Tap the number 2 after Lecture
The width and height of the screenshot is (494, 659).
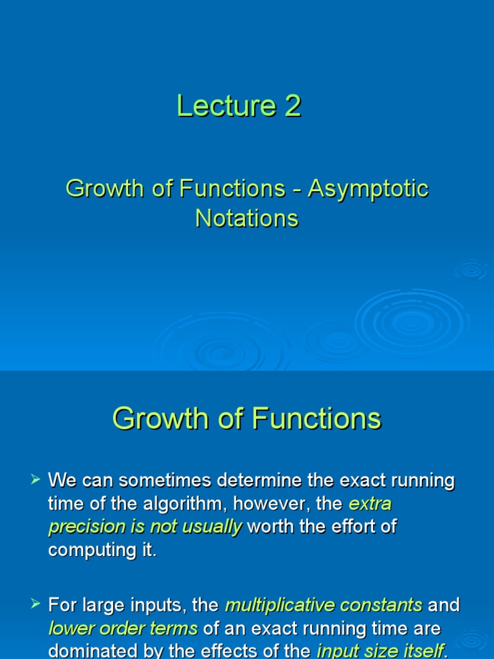point(293,106)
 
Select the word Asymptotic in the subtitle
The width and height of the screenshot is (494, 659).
point(368,189)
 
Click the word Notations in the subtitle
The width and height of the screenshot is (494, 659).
point(247,218)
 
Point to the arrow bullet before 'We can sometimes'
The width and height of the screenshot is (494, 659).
point(36,479)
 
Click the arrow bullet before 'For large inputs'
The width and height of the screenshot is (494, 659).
point(36,604)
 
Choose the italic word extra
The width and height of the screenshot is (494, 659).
point(370,504)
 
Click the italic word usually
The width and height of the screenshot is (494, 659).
point(210,527)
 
